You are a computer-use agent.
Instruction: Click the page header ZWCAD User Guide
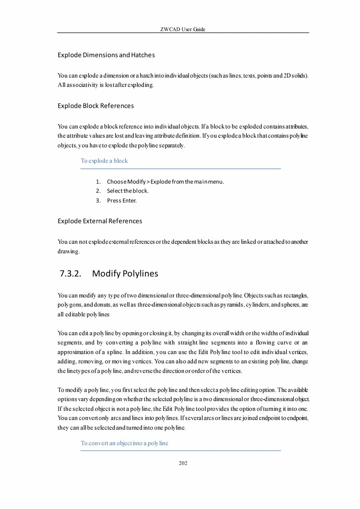pos(183,29)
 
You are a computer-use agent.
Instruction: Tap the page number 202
pos(183,463)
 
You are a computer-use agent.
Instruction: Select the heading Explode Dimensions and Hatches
pos(106,55)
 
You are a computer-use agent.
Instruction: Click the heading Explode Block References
pos(95,106)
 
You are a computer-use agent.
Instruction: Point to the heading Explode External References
pos(100,221)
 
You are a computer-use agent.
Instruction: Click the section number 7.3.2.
pos(70,274)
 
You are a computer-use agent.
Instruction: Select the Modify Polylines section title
pos(125,274)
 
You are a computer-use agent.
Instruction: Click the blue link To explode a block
pos(104,161)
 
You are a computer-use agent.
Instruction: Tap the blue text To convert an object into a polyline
pos(124,443)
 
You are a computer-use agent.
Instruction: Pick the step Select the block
pos(128,191)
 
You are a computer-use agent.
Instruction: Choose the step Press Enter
pos(122,201)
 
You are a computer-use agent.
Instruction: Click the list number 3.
pos(98,201)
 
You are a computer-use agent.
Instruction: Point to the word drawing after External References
pos(68,251)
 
